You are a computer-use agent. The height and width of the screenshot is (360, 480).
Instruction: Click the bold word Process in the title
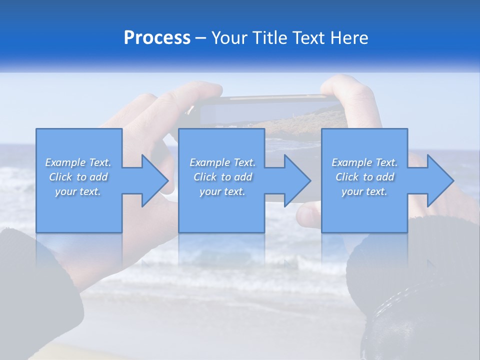point(157,38)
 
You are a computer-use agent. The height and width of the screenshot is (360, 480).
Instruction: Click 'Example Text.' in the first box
point(78,162)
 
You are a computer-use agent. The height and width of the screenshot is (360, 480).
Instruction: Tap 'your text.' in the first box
point(78,191)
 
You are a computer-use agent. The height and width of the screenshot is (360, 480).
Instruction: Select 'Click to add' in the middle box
point(222,177)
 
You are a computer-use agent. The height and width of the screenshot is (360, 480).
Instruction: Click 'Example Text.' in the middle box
point(222,162)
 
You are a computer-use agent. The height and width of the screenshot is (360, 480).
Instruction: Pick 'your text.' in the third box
point(364,191)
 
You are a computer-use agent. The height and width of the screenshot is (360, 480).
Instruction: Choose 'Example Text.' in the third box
point(364,162)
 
